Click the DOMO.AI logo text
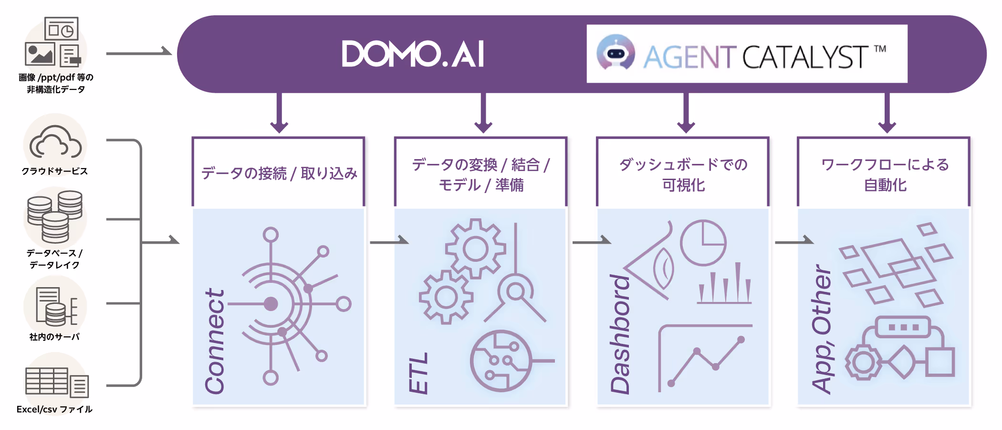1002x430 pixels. pos(413,54)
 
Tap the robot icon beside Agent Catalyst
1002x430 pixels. pos(616,53)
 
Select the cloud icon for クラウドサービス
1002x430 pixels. pos(55,142)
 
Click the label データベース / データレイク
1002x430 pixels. pos(54,258)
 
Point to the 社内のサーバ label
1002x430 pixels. pos(54,337)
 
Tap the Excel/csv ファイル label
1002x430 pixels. pos(54,409)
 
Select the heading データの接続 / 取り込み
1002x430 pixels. pos(279,173)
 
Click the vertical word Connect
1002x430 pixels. pos(214,342)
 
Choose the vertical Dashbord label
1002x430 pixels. pos(620,334)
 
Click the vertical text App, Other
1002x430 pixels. pos(822,330)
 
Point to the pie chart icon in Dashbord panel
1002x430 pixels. pos(703,243)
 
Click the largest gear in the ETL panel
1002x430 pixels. pos(475,249)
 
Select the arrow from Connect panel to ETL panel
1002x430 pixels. pos(389,242)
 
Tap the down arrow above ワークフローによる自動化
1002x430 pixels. pos(887,113)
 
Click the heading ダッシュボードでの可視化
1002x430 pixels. pos(683,174)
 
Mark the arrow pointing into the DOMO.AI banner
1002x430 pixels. pos(138,53)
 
